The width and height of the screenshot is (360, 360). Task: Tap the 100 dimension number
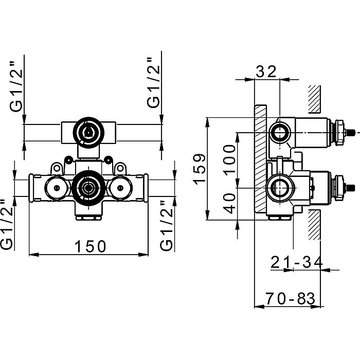pyautogui.click(x=230, y=158)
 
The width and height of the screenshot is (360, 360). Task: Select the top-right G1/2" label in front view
pyautogui.click(x=153, y=83)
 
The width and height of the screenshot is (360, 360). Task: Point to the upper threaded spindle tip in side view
pyautogui.click(x=351, y=133)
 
